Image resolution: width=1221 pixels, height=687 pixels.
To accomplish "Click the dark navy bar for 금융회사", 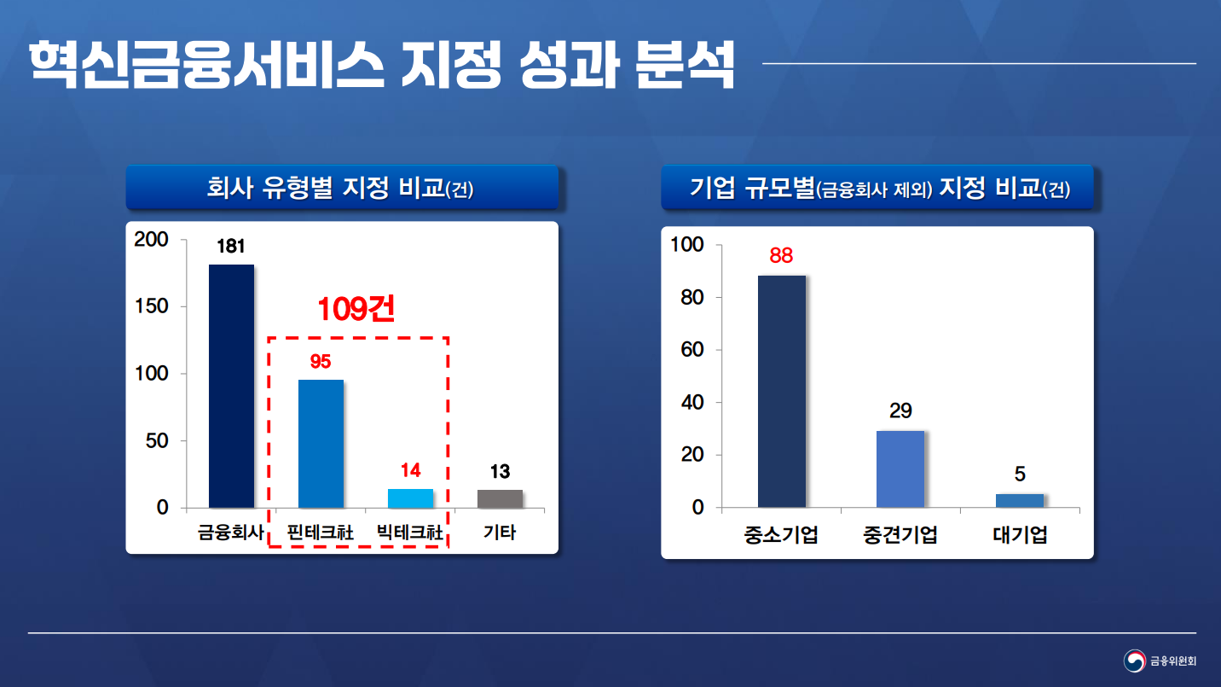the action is [x=231, y=386].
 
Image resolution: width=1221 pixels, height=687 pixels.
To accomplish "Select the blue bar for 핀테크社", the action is [x=321, y=444].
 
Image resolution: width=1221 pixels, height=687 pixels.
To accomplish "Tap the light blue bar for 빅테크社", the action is [x=410, y=498].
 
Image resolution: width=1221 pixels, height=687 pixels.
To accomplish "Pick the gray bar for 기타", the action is [x=500, y=498].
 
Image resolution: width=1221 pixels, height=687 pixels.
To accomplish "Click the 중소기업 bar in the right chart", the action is [x=782, y=391].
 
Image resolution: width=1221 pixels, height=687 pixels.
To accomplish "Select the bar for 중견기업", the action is [x=900, y=469].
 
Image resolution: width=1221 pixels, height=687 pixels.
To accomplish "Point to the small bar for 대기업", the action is [x=1020, y=500].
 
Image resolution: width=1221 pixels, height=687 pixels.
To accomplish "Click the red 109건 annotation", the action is [x=356, y=309].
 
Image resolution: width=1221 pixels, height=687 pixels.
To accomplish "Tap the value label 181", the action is [x=231, y=247].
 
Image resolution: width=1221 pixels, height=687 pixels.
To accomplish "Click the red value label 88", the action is [x=781, y=255].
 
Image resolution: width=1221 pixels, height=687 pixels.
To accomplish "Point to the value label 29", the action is [x=900, y=410].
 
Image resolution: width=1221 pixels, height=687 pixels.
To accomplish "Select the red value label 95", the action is [x=321, y=361].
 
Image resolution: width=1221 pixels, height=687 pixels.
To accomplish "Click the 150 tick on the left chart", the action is [x=152, y=306].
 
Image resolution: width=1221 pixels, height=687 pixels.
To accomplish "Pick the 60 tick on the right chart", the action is [x=692, y=350].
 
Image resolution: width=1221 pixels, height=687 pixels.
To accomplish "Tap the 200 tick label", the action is [x=152, y=239].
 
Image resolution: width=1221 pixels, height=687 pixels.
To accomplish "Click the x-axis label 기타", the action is [x=500, y=532].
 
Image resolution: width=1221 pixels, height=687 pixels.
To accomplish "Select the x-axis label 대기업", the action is [x=1020, y=535].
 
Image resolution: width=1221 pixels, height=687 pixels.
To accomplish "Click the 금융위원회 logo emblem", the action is [x=1135, y=661].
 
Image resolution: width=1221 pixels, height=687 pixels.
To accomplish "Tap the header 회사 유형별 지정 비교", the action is [x=326, y=188].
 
